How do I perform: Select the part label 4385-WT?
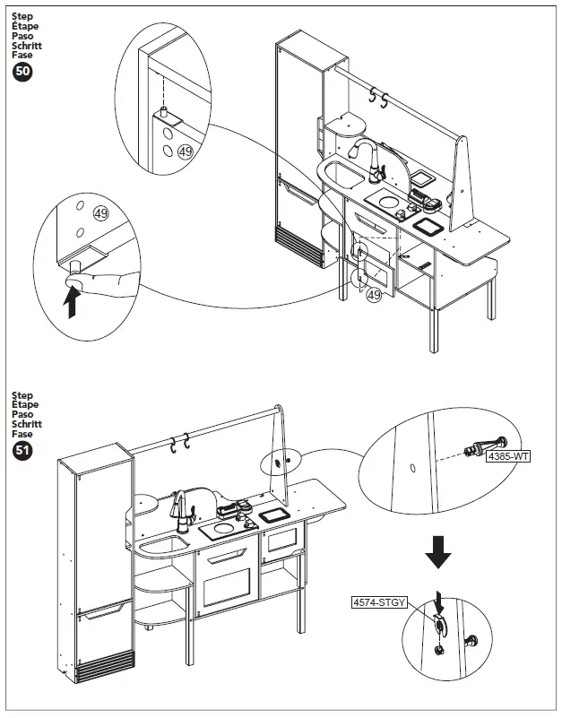click(x=508, y=457)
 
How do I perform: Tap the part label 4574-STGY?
click(x=379, y=603)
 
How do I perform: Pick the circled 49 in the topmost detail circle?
click(x=186, y=152)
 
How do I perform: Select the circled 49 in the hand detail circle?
click(x=100, y=213)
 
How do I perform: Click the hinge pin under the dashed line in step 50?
click(x=166, y=114)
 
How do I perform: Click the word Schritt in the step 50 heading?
click(x=27, y=45)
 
